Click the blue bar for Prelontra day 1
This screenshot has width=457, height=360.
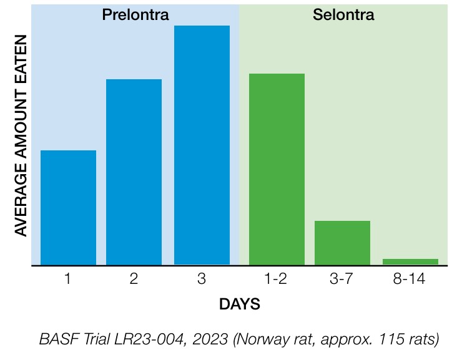[68, 208]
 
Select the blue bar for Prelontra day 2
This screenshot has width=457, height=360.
[134, 172]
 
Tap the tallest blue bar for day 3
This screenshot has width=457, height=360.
[202, 145]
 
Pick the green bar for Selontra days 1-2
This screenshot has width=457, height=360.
[277, 169]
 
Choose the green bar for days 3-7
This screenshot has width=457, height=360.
[342, 243]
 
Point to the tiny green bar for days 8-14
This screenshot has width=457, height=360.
[410, 261]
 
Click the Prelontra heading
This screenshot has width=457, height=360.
[135, 14]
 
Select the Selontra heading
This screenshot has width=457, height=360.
[343, 14]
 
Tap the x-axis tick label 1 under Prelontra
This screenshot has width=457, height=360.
[67, 280]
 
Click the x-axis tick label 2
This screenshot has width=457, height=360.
[134, 280]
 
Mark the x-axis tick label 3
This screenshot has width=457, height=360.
[201, 280]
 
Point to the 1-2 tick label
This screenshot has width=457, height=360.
[276, 280]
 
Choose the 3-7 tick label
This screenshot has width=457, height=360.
[342, 280]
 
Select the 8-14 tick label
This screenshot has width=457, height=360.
[410, 280]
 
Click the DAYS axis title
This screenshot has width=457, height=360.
[240, 305]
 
